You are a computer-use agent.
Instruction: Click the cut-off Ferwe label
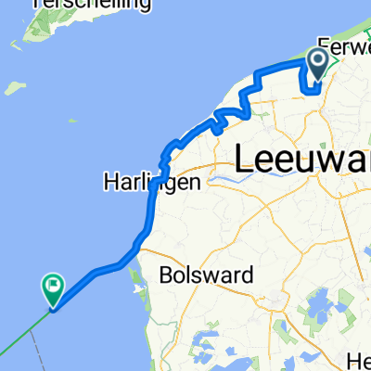(x=344, y=45)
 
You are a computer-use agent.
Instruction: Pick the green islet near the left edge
(x=12, y=88)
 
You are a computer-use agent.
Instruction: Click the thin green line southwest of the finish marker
(x=23, y=334)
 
